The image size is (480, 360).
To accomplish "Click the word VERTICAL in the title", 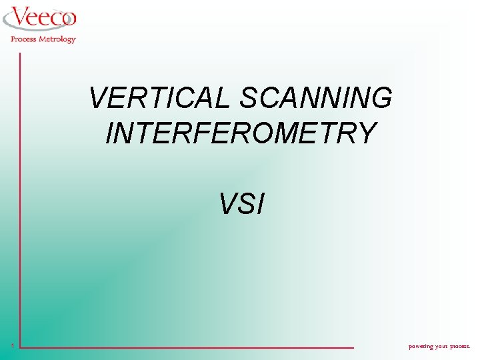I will click(161, 99).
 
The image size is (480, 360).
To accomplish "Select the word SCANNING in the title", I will click(316, 99).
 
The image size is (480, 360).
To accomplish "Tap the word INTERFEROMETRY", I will click(241, 133).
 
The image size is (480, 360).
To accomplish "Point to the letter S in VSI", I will click(244, 205).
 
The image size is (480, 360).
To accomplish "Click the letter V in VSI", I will click(227, 205).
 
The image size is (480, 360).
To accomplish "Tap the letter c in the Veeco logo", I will click(53, 19).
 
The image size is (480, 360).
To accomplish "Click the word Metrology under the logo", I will click(58, 39).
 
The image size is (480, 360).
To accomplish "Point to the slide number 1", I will click(13, 345).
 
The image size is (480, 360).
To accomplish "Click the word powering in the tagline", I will click(421, 346).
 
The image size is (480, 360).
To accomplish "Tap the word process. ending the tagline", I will click(461, 346).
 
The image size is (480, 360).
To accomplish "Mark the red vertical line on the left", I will click(20, 200).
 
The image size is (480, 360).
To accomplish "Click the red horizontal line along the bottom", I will click(187, 347).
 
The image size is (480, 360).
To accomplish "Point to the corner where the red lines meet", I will click(20, 347).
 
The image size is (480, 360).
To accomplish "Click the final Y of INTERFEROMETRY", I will click(366, 133).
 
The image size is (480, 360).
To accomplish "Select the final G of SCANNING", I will click(381, 99).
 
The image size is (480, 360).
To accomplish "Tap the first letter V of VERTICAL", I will click(97, 99).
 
